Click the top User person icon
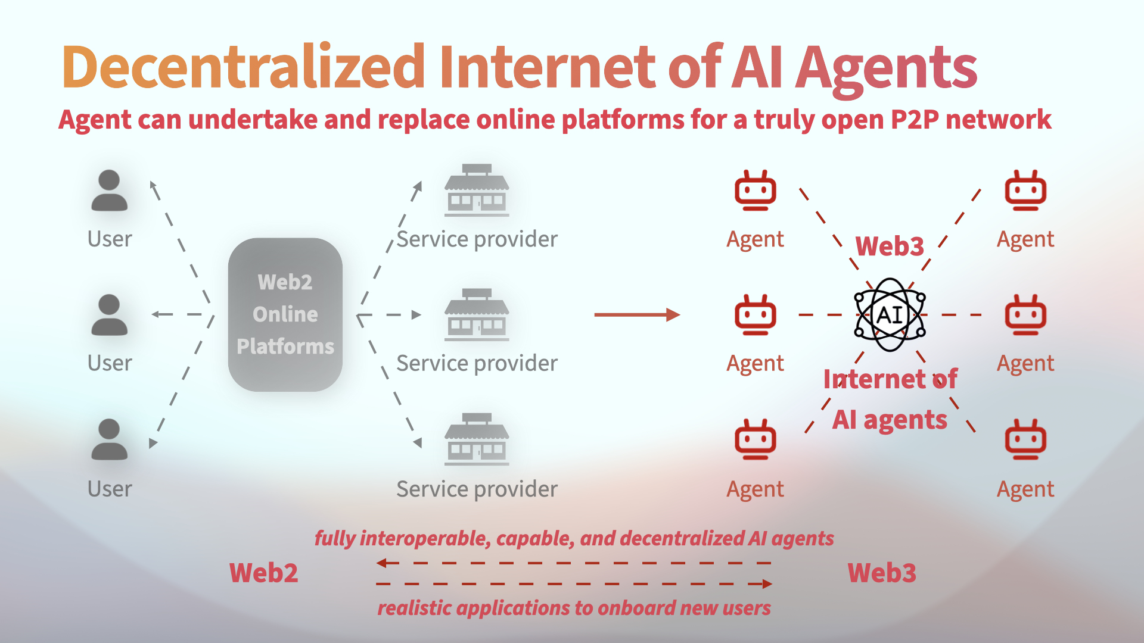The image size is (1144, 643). pyautogui.click(x=109, y=191)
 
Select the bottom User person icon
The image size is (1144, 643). pyautogui.click(x=109, y=439)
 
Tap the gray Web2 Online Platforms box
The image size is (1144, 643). pyautogui.click(x=285, y=314)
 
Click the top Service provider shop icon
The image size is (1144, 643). pyautogui.click(x=477, y=190)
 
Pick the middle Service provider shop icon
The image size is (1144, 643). pyautogui.click(x=477, y=314)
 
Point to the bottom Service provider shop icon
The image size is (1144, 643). pyautogui.click(x=477, y=439)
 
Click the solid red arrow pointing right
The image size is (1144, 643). pyautogui.click(x=637, y=314)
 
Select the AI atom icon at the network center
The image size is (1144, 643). pyautogui.click(x=890, y=314)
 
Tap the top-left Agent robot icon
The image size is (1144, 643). pyautogui.click(x=755, y=191)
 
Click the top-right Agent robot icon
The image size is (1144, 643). pyautogui.click(x=1025, y=191)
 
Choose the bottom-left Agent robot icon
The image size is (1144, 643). pyautogui.click(x=755, y=439)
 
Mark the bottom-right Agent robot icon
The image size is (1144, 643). pyautogui.click(x=1025, y=439)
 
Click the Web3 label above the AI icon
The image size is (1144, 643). pyautogui.click(x=890, y=246)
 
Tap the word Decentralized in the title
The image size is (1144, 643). pyautogui.click(x=243, y=67)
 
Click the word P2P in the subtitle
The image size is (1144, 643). pyautogui.click(x=915, y=120)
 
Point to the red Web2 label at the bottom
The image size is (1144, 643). pyautogui.click(x=263, y=573)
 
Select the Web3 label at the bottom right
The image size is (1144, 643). pyautogui.click(x=882, y=573)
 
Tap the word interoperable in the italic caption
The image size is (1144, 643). pyautogui.click(x=425, y=538)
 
